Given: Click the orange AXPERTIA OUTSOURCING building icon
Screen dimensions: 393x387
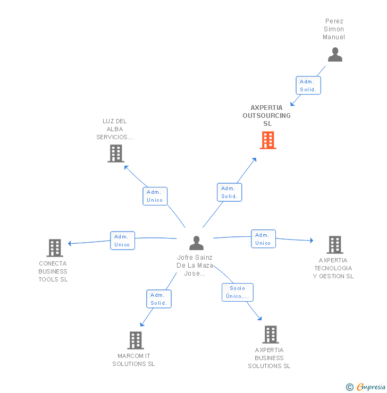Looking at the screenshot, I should click(x=268, y=140).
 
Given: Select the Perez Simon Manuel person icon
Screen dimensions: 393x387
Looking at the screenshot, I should click(x=335, y=55).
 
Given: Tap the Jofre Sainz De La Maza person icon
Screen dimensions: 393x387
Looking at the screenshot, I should click(x=197, y=243).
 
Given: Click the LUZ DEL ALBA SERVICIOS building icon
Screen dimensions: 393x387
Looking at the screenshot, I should click(x=115, y=153).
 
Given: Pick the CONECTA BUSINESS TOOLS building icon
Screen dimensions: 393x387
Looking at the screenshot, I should click(x=55, y=248).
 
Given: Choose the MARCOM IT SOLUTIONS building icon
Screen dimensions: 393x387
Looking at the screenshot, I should click(x=136, y=340).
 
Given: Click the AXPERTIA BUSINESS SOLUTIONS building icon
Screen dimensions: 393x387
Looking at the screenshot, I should click(x=271, y=335).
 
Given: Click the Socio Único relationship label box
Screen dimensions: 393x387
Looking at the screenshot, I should click(x=237, y=292).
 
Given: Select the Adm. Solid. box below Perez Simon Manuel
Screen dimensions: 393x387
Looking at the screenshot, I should click(x=308, y=86).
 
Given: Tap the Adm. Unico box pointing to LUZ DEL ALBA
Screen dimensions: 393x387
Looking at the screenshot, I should click(x=155, y=196).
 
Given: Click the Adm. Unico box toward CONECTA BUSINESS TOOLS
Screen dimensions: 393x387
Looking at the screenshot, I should click(x=122, y=241).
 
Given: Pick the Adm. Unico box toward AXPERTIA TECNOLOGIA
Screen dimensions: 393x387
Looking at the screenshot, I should click(x=263, y=239).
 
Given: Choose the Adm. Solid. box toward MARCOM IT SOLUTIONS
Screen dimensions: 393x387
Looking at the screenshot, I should click(x=159, y=299).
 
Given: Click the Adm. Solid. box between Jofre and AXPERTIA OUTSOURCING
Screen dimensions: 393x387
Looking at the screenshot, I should click(x=230, y=192).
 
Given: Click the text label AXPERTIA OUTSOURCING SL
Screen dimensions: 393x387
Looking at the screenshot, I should click(x=267, y=115).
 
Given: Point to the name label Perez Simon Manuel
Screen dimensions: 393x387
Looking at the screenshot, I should click(x=334, y=29).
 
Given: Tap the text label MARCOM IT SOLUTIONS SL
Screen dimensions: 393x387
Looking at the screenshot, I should click(x=133, y=360).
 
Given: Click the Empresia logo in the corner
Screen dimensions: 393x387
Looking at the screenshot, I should click(x=366, y=387).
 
